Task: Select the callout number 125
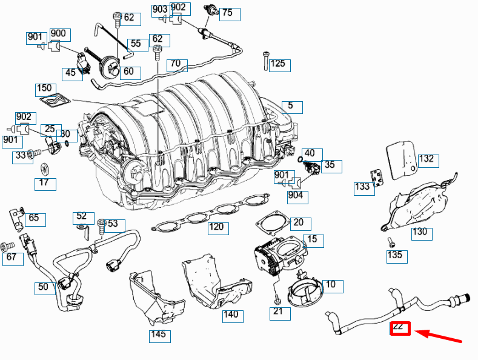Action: point(278,64)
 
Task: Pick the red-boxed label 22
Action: point(400,328)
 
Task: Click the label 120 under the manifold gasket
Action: point(216,228)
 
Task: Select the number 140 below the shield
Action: point(231,315)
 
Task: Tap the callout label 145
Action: point(158,335)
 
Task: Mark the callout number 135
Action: point(395,255)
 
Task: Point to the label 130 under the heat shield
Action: point(420,232)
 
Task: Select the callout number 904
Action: point(296,196)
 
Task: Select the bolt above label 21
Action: point(276,299)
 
